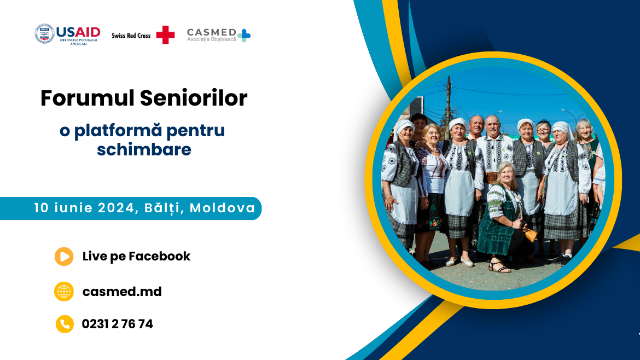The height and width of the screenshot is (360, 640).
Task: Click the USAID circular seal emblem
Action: [44, 33]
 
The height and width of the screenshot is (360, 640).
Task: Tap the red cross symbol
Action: [165, 34]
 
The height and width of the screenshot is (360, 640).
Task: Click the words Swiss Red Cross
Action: [131, 36]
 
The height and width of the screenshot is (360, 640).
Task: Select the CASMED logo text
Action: [212, 32]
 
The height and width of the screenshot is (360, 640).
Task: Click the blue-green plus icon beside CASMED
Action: [244, 36]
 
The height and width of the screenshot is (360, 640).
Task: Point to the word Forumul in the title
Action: [88, 98]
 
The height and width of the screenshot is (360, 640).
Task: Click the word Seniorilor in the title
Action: [194, 98]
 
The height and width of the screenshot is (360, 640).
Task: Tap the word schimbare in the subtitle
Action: [144, 150]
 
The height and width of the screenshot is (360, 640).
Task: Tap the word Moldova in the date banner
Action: [223, 208]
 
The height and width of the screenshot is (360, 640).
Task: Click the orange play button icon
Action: [64, 257]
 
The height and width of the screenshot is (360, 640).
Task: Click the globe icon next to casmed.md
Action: [64, 292]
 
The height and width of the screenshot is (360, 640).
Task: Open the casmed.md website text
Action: [122, 292]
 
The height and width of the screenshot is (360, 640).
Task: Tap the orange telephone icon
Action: [65, 324]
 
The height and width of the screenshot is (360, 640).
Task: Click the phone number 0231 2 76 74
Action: [118, 324]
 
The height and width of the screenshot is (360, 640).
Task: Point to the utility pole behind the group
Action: [449, 102]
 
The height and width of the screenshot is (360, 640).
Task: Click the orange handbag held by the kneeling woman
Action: [530, 235]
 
